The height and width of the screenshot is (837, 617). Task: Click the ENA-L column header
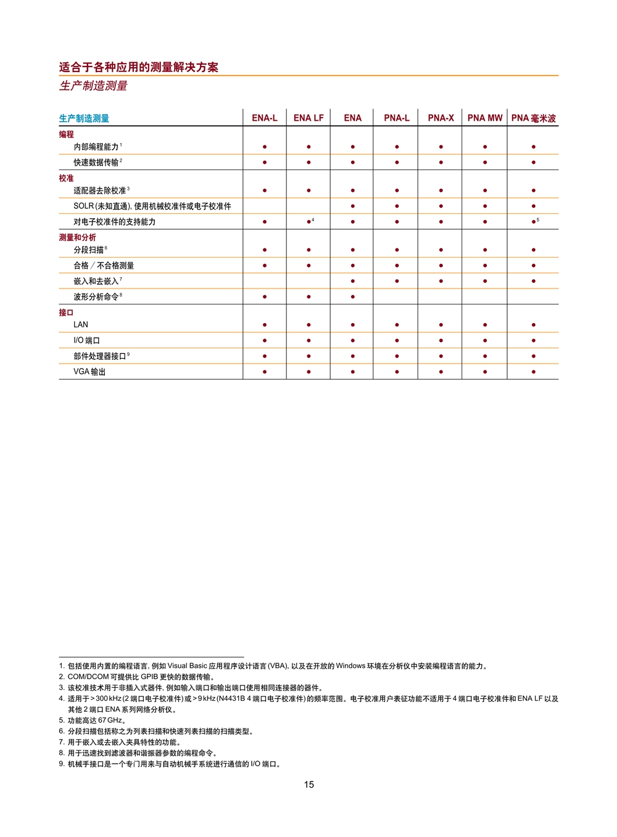[265, 118]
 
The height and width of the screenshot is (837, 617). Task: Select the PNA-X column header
[441, 118]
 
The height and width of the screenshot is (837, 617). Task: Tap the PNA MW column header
[485, 118]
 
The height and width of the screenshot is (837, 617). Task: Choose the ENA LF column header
[308, 118]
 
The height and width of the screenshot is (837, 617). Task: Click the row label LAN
[81, 325]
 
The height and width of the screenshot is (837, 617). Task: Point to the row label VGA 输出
[89, 372]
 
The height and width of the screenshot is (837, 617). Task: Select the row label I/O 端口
[86, 340]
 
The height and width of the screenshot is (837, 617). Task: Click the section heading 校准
[66, 178]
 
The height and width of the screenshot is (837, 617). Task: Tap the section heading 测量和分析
[78, 237]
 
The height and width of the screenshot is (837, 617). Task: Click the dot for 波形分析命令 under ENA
[353, 297]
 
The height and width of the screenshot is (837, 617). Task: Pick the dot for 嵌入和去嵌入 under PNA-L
[397, 281]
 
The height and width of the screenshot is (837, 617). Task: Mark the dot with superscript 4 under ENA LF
[308, 222]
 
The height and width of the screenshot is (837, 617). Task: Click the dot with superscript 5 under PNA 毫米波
[533, 222]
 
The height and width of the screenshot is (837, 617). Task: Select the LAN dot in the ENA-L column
[265, 325]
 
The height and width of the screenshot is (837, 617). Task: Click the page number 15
[309, 785]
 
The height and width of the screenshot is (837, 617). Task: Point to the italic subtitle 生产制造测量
[93, 86]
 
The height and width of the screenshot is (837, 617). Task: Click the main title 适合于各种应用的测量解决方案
[139, 67]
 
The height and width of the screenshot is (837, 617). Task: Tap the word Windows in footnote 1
[350, 666]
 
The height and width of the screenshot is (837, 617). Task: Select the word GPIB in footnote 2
[150, 677]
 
